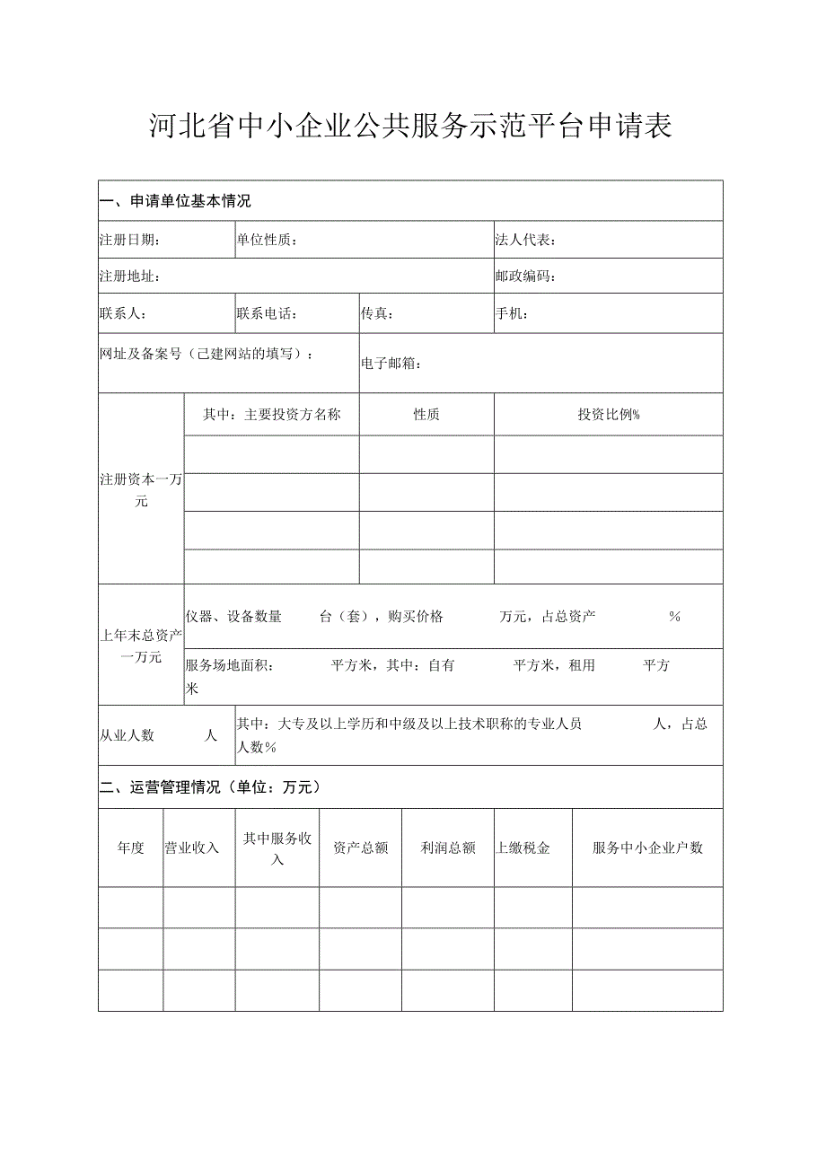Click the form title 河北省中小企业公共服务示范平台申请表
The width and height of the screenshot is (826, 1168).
pos(411,127)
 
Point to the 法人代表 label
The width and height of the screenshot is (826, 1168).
pos(525,241)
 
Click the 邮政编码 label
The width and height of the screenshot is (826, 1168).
pos(525,277)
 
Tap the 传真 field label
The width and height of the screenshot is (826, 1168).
pos(377,314)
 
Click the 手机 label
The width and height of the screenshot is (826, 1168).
pos(512,314)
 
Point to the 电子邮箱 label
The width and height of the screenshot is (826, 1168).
pos(391,364)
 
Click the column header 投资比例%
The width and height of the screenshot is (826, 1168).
pos(608,415)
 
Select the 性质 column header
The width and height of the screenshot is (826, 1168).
pos(426,415)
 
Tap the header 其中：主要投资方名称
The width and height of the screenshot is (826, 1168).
pos(271,415)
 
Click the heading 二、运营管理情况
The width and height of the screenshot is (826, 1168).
pos(210,788)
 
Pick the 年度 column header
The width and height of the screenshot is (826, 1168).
pos(130,847)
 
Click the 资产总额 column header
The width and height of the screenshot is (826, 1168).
pos(360,847)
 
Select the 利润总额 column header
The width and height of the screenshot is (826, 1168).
pos(447,847)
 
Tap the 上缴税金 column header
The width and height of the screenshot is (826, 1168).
pos(523,847)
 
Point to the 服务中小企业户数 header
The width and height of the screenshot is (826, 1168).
pos(647,847)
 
